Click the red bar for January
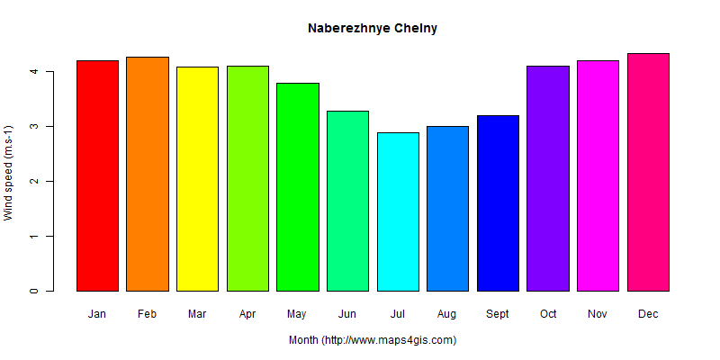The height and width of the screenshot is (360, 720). click(x=97, y=175)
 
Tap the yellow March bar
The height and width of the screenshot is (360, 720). click(x=197, y=178)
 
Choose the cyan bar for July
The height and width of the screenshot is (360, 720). click(x=398, y=211)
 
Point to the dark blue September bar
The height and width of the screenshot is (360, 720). click(x=498, y=202)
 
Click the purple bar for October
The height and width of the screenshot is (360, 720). click(x=548, y=178)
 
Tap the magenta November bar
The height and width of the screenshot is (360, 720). click(x=598, y=175)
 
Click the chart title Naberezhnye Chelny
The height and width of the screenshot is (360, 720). click(x=372, y=28)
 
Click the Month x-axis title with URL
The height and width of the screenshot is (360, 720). click(x=372, y=340)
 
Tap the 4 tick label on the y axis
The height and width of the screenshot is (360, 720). click(x=34, y=71)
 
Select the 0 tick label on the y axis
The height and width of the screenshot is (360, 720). click(x=34, y=291)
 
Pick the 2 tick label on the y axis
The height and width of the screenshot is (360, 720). click(x=34, y=181)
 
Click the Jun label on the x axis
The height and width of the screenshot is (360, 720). click(x=347, y=314)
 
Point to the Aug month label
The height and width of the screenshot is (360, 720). click(x=447, y=314)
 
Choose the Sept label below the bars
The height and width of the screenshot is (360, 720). click(x=498, y=314)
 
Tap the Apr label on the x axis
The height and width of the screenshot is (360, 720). click(x=247, y=314)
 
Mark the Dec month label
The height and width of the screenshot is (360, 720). click(x=648, y=314)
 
